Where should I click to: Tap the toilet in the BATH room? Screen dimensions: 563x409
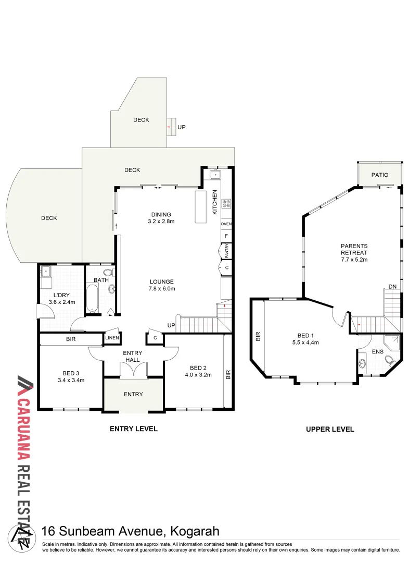[x=108, y=272]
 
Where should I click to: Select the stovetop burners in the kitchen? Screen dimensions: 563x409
[x=226, y=204]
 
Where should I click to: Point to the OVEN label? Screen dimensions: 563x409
[x=226, y=224]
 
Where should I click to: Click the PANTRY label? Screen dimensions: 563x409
[x=227, y=251]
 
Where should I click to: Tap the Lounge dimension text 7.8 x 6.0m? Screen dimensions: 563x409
[x=161, y=289]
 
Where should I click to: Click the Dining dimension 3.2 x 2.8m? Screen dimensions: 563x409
[x=161, y=222]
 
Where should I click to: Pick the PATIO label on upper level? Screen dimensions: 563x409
[x=379, y=175]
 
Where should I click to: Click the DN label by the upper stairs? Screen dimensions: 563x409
[x=393, y=287]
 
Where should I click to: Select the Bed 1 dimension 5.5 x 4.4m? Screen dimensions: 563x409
[x=305, y=342]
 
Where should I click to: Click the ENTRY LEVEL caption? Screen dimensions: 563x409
[x=133, y=429]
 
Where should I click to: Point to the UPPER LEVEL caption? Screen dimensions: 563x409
[x=330, y=429]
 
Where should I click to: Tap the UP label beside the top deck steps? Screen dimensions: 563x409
[x=182, y=127]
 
